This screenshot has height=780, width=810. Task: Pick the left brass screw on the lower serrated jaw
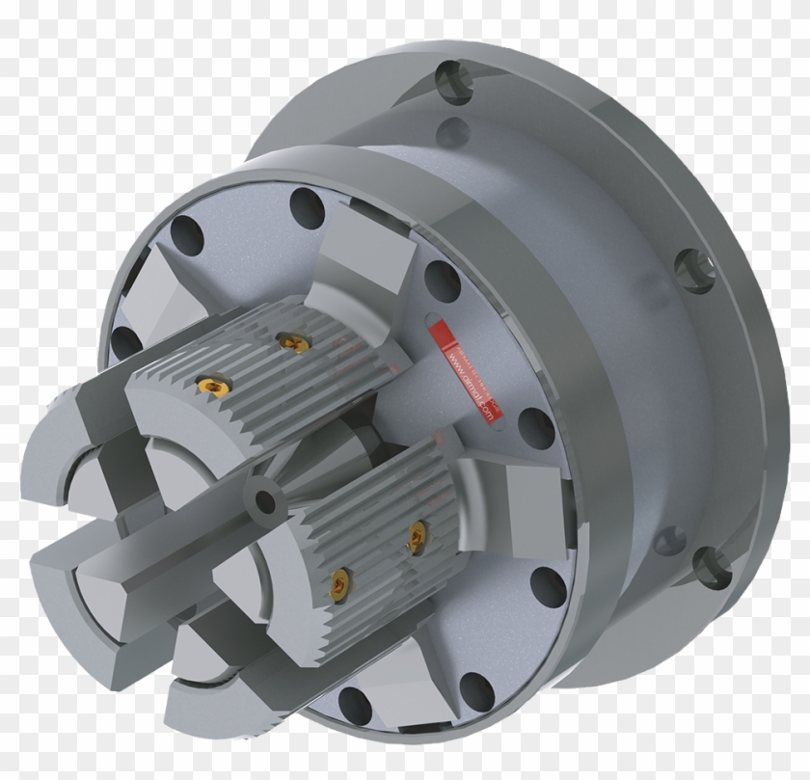340,580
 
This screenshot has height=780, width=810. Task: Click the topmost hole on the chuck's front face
308,207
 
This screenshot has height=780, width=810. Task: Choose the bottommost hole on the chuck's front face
355,707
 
